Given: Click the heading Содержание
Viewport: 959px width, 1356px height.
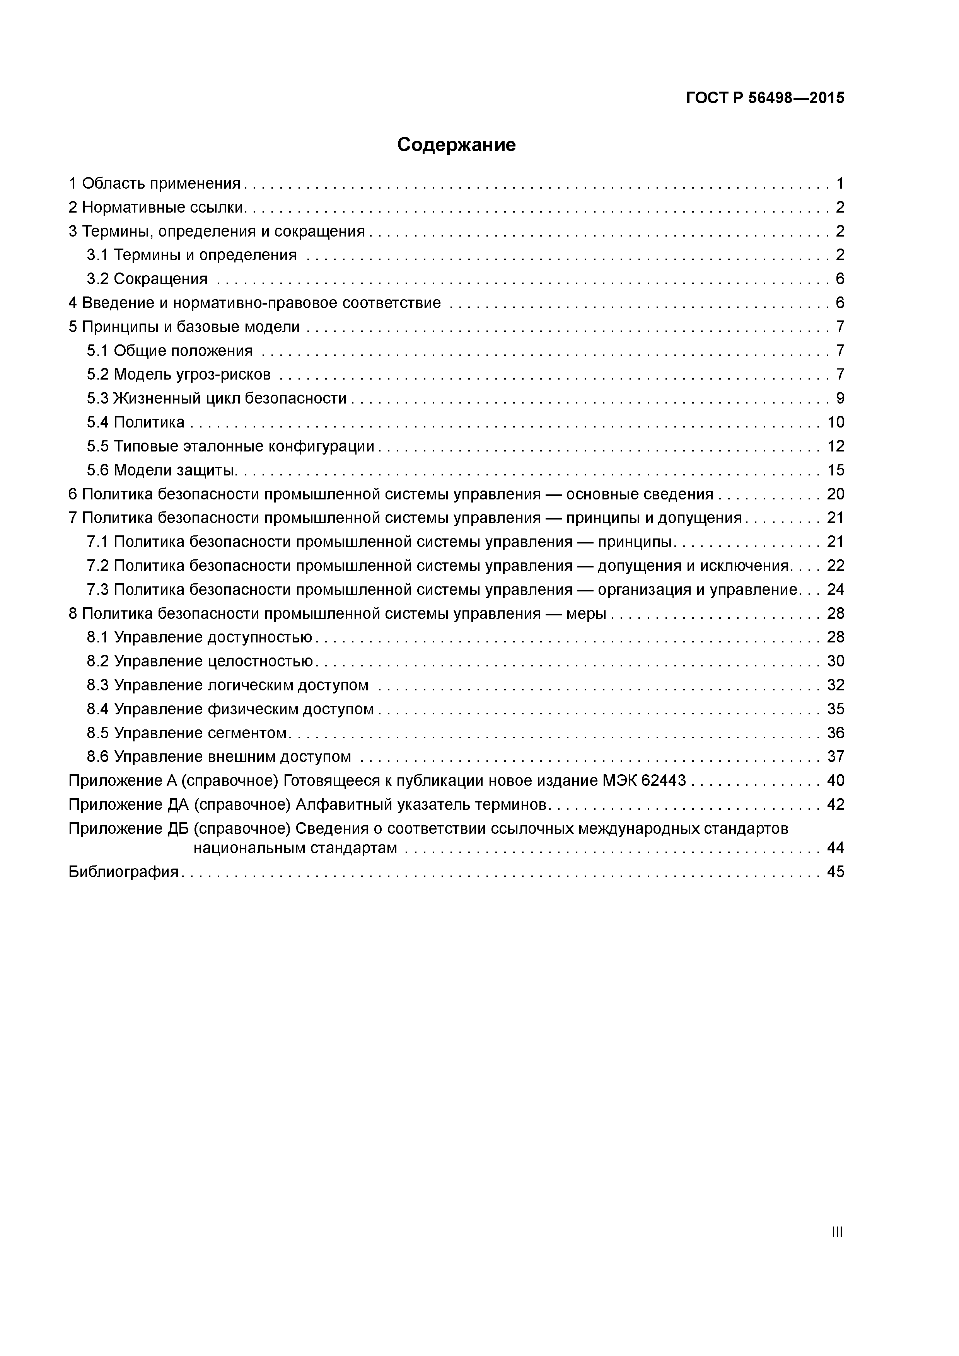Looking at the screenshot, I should (x=456, y=145).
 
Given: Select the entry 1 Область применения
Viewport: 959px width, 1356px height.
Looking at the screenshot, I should (x=155, y=184).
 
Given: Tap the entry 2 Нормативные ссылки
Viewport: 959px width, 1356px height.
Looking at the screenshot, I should (x=157, y=207).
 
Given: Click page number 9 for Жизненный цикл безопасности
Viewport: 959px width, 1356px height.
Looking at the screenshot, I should (x=840, y=399).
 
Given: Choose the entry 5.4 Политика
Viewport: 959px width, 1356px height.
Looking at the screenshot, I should (x=136, y=422).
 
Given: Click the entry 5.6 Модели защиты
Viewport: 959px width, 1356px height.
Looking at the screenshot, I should (x=162, y=470).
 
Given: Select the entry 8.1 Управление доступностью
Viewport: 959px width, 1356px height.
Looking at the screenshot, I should (x=200, y=637).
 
